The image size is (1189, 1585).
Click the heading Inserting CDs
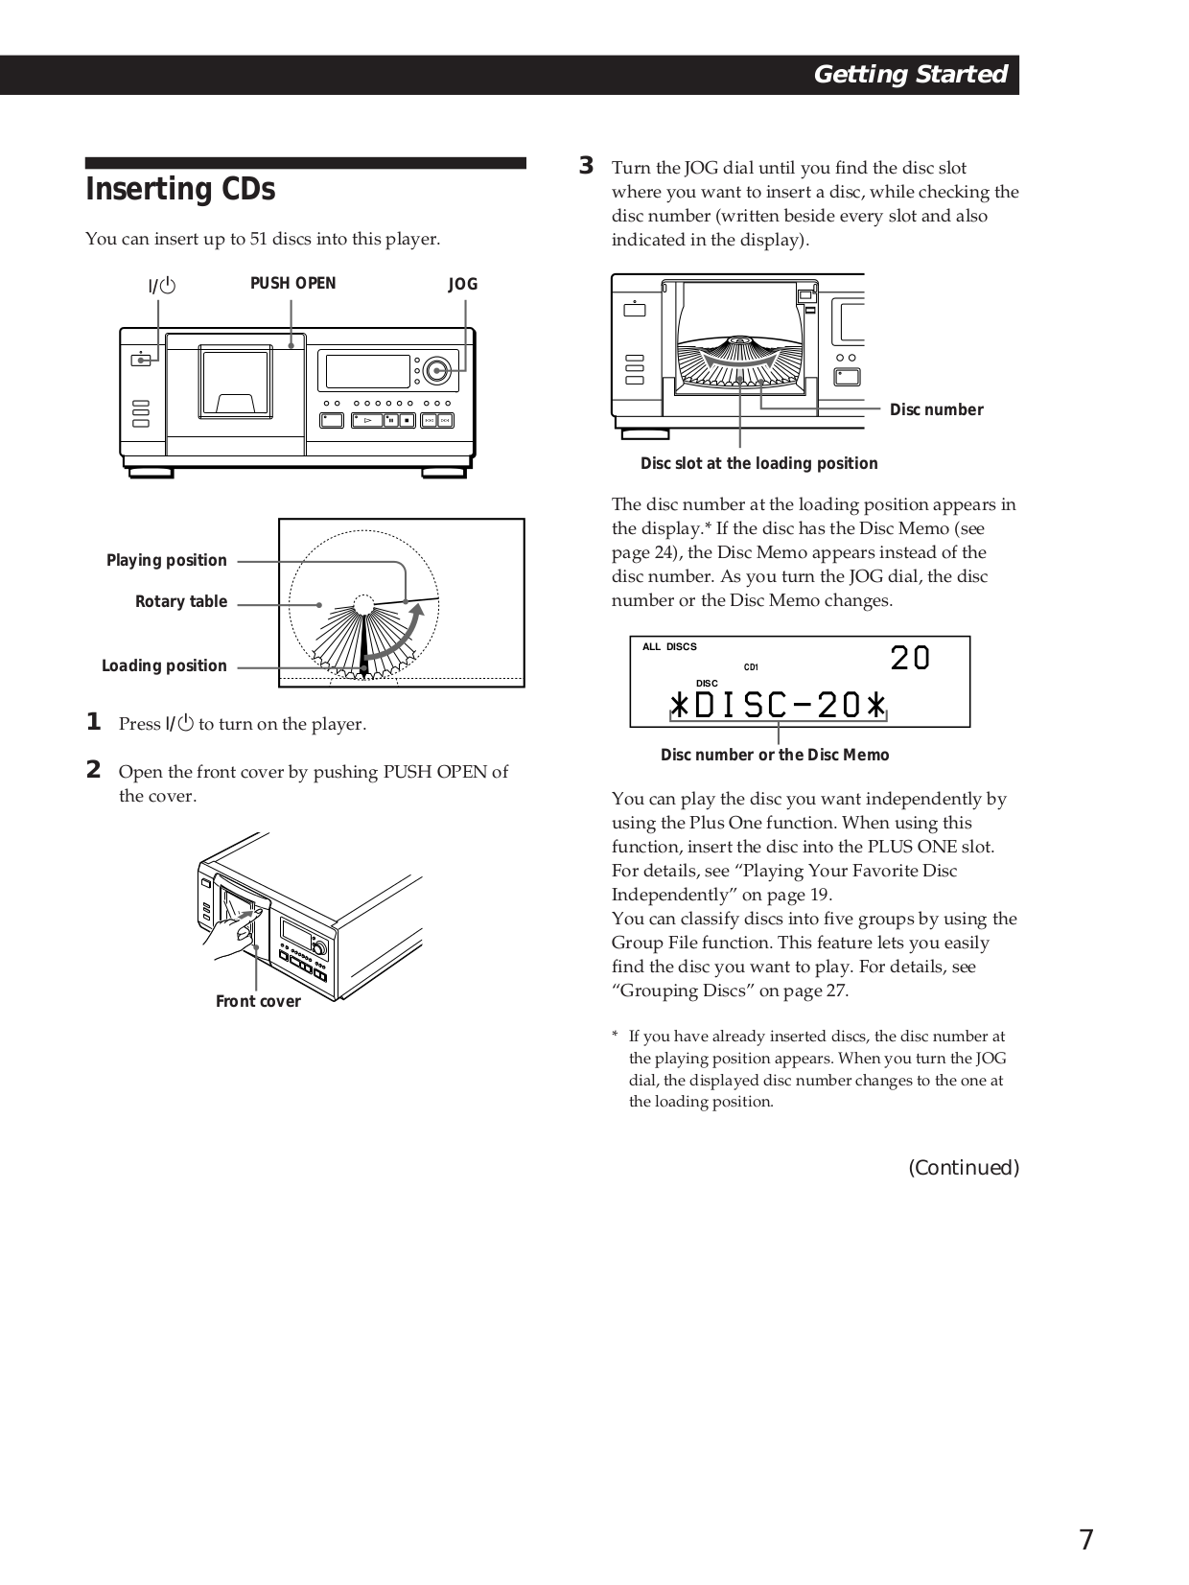pos(180,190)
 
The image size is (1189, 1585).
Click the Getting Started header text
pos(909,75)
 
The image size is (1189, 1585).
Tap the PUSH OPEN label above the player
pos(292,283)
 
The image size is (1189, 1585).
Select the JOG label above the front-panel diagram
pos(462,284)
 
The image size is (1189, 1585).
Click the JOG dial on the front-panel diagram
pos(436,370)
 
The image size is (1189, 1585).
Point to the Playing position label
pos(166,560)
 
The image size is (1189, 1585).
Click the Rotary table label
pos(180,601)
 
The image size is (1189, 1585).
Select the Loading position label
pos(164,665)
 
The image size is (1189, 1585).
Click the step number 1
pos(93,722)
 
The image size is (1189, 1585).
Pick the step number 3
pos(586,166)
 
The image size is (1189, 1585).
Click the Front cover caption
pos(258,1001)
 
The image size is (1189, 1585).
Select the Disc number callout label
pos(936,409)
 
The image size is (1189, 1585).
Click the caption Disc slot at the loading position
pos(758,463)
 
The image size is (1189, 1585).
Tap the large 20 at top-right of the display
pos(909,658)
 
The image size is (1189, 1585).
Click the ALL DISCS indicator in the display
pos(669,646)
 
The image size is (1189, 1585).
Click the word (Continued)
pos(963,1167)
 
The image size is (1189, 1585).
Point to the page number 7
pos(1085,1540)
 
